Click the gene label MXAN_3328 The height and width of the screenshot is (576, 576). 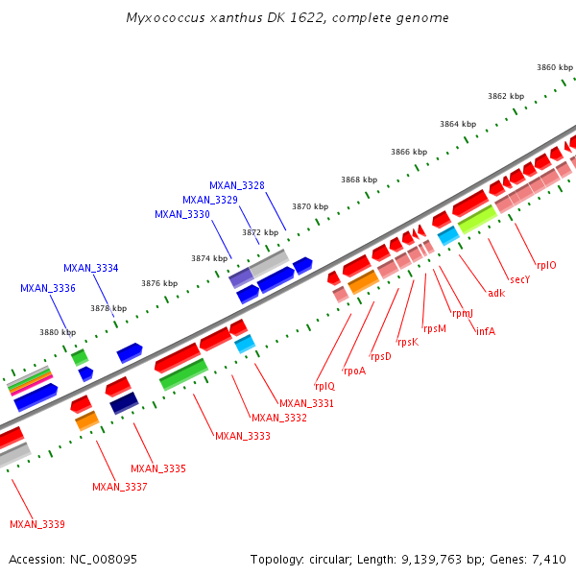(237, 185)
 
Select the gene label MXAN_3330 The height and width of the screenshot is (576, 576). (182, 214)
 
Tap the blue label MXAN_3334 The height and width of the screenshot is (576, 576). (91, 268)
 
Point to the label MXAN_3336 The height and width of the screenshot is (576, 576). (48, 288)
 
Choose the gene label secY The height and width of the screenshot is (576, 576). (519, 279)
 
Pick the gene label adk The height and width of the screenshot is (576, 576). (495, 293)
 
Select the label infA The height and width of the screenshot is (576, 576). (485, 331)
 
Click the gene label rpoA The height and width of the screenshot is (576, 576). (354, 371)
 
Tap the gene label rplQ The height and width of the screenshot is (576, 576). (324, 386)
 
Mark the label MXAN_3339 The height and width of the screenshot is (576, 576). (37, 524)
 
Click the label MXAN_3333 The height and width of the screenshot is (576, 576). (243, 436)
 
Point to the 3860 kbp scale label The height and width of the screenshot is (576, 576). (554, 67)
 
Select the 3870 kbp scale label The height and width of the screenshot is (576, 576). (310, 206)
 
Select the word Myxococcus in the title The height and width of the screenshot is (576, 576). (164, 18)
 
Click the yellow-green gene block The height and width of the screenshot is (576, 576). (477, 220)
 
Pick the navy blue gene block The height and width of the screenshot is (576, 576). (125, 404)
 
